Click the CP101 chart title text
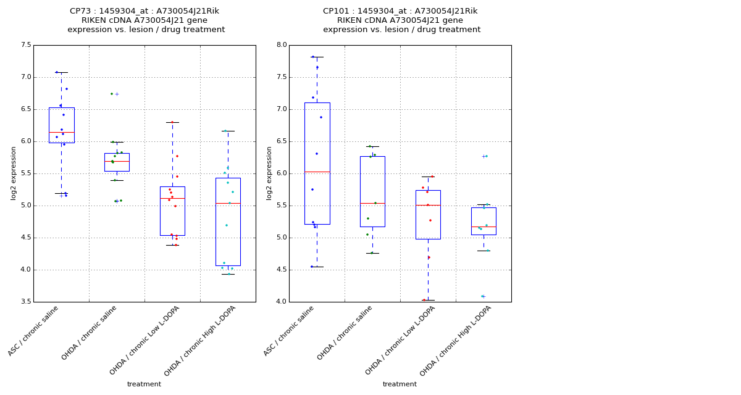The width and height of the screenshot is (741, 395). tap(401, 20)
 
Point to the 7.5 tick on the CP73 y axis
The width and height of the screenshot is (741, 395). tap(25, 45)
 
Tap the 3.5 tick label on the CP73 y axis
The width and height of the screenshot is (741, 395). tap(25, 302)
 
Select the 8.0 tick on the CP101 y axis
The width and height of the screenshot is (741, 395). tap(281, 45)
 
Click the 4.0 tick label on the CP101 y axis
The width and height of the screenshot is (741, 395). tap(281, 302)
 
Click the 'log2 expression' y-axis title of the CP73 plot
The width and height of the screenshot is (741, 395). tap(14, 173)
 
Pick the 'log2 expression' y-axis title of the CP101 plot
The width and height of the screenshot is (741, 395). tap(269, 173)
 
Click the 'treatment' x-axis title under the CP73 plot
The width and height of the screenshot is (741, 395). tap(144, 384)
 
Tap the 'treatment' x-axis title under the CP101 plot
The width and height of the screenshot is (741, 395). tap(400, 384)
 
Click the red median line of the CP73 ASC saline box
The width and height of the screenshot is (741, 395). tap(61, 132)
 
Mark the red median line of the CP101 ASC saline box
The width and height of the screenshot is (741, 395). tap(317, 172)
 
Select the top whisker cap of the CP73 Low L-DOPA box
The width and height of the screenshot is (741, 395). tap(172, 122)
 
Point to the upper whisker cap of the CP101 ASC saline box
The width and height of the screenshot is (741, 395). tap(317, 57)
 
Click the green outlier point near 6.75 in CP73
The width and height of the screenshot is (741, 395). tap(112, 94)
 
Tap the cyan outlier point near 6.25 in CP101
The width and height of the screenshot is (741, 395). tap(486, 156)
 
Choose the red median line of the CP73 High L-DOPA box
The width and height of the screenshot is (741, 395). tap(228, 203)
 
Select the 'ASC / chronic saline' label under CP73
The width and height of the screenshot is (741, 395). tap(34, 330)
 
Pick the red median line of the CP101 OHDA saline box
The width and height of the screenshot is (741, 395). tap(372, 203)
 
